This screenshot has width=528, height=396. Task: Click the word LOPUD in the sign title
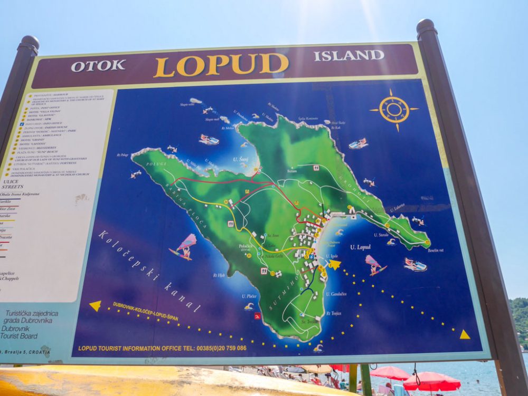click(x=221, y=64)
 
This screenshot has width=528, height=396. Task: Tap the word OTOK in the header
click(x=98, y=66)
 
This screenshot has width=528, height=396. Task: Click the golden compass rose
click(x=394, y=110)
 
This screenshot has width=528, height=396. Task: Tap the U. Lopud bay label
click(x=360, y=247)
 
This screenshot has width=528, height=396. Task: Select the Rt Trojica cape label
click(x=333, y=313)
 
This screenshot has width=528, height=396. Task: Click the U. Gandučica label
click(x=336, y=294)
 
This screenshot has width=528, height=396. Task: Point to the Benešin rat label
click(x=436, y=250)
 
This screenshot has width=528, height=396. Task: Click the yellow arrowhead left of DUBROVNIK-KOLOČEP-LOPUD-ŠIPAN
click(x=95, y=305)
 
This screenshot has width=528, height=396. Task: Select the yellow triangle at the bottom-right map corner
click(x=464, y=334)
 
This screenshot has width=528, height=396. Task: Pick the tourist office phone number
click(x=221, y=348)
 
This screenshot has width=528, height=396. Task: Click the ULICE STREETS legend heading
click(x=13, y=183)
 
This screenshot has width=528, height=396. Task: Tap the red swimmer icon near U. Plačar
click(x=257, y=316)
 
